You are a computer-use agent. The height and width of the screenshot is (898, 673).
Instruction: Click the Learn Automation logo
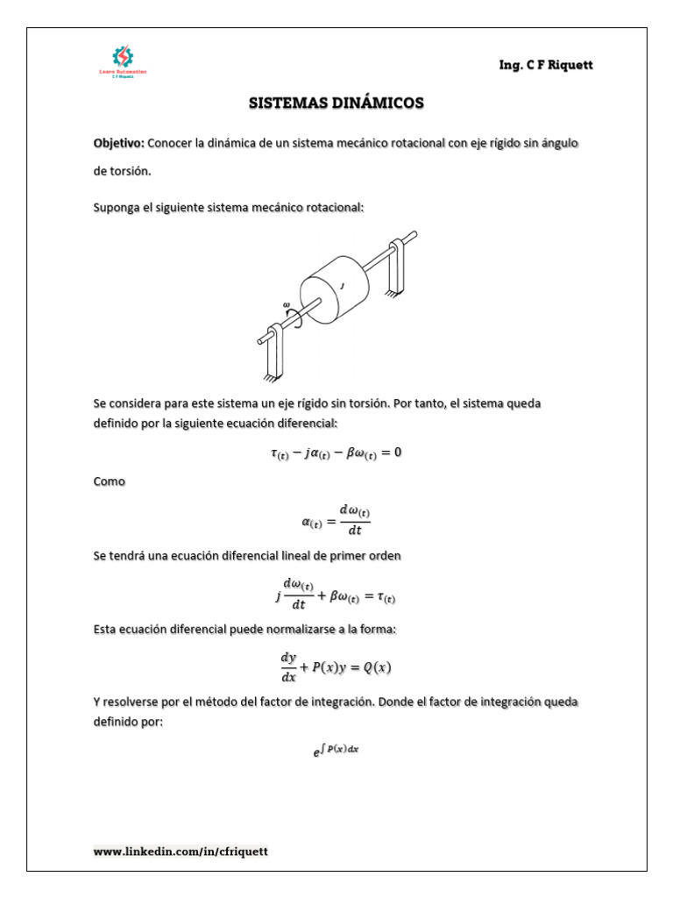(x=123, y=62)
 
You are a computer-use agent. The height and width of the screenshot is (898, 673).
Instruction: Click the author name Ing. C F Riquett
(x=539, y=65)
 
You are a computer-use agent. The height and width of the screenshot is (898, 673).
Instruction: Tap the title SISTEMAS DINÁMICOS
(x=336, y=103)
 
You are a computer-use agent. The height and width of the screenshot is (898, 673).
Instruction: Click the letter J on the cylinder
(x=342, y=286)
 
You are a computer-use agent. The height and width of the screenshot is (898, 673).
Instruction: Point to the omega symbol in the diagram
(x=287, y=305)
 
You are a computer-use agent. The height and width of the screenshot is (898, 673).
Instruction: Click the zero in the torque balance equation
(x=397, y=453)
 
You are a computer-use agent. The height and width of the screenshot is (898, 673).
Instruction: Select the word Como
(x=110, y=482)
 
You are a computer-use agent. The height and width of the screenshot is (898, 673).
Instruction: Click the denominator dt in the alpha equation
(x=354, y=530)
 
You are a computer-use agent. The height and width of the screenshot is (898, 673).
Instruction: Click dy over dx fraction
(x=288, y=667)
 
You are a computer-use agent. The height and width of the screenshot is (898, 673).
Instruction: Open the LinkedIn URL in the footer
(x=181, y=851)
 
